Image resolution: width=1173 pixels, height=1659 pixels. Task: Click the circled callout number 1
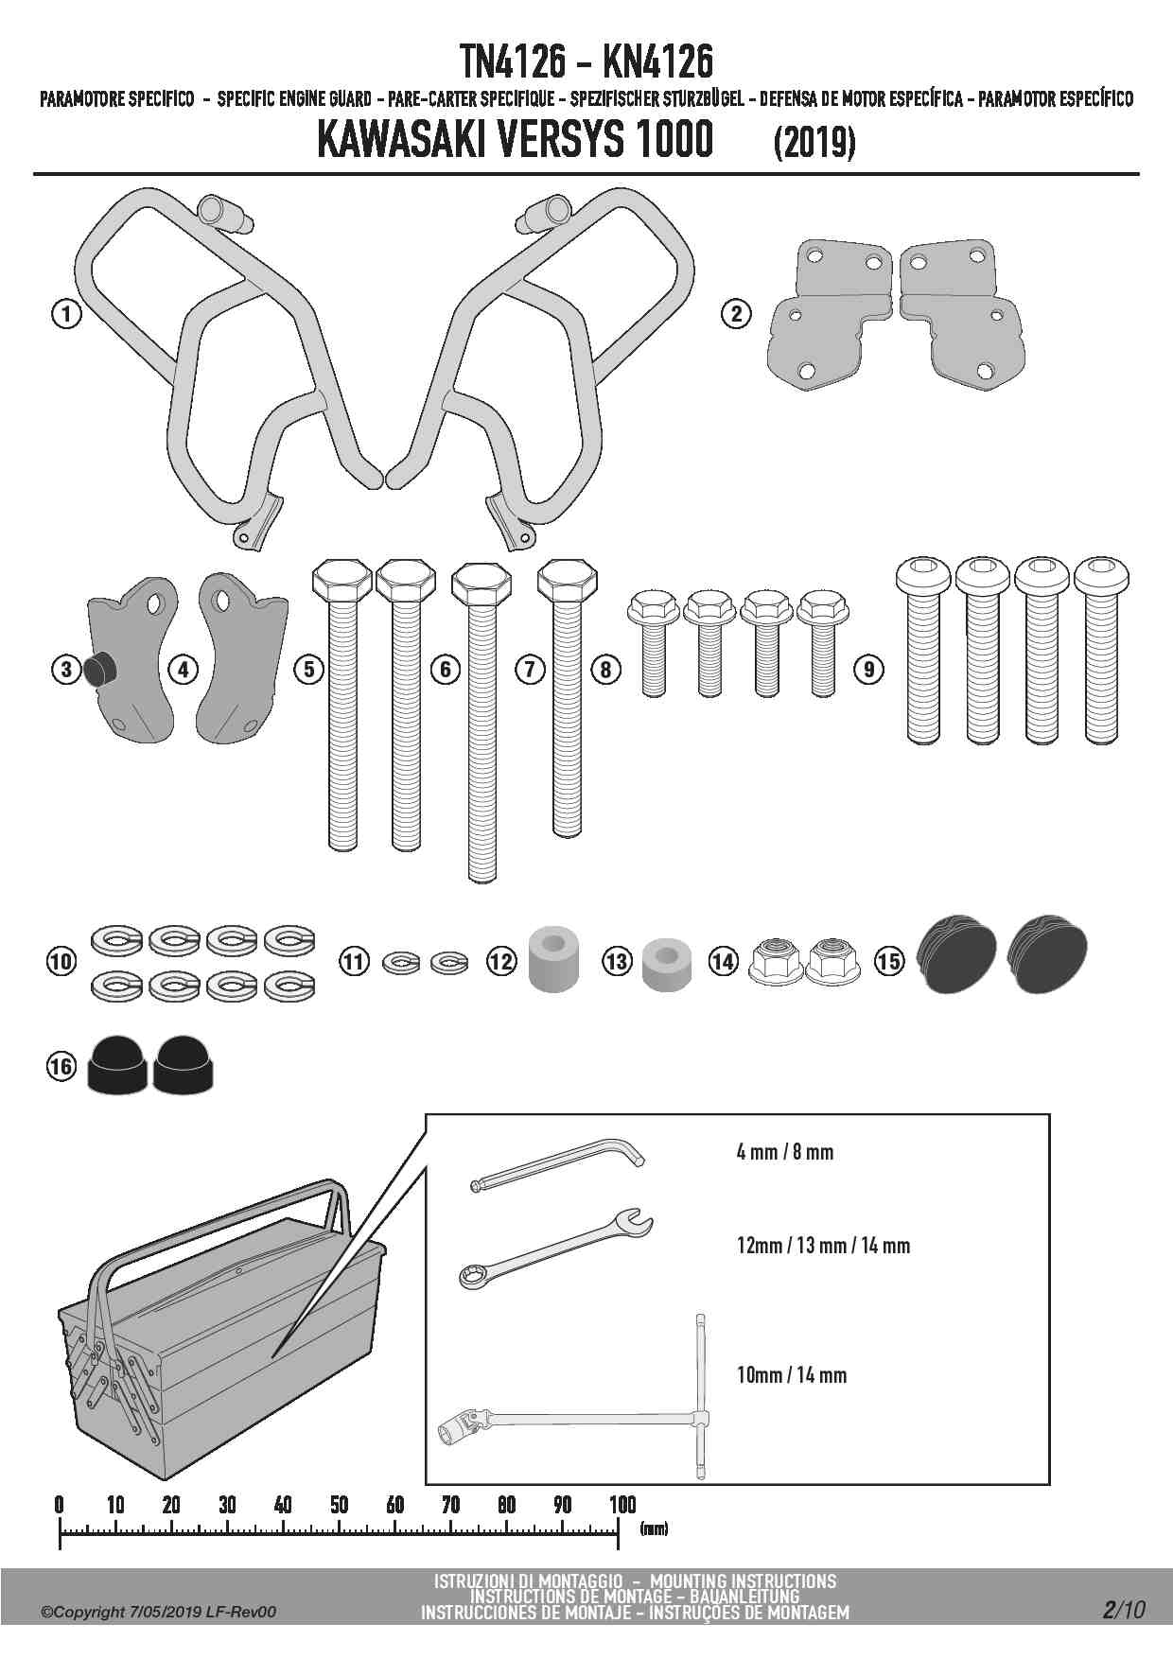click(65, 313)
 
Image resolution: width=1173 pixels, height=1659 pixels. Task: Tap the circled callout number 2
click(736, 313)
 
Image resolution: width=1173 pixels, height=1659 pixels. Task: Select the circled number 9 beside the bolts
click(868, 670)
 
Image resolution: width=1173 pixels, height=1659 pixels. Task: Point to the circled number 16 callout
click(61, 1067)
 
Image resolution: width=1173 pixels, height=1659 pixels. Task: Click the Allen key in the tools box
click(558, 1164)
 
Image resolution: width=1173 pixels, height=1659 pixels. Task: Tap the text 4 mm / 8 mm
click(784, 1152)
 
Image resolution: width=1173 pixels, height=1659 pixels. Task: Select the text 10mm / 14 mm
click(791, 1375)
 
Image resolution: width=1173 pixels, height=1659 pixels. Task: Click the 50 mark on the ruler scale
click(340, 1505)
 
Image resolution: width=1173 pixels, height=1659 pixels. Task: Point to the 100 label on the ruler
click(622, 1505)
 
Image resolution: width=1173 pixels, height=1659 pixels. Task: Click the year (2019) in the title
click(814, 144)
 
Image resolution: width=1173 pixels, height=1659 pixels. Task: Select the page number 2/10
click(1123, 1609)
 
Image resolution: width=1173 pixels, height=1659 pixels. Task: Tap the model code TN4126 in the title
click(513, 62)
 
